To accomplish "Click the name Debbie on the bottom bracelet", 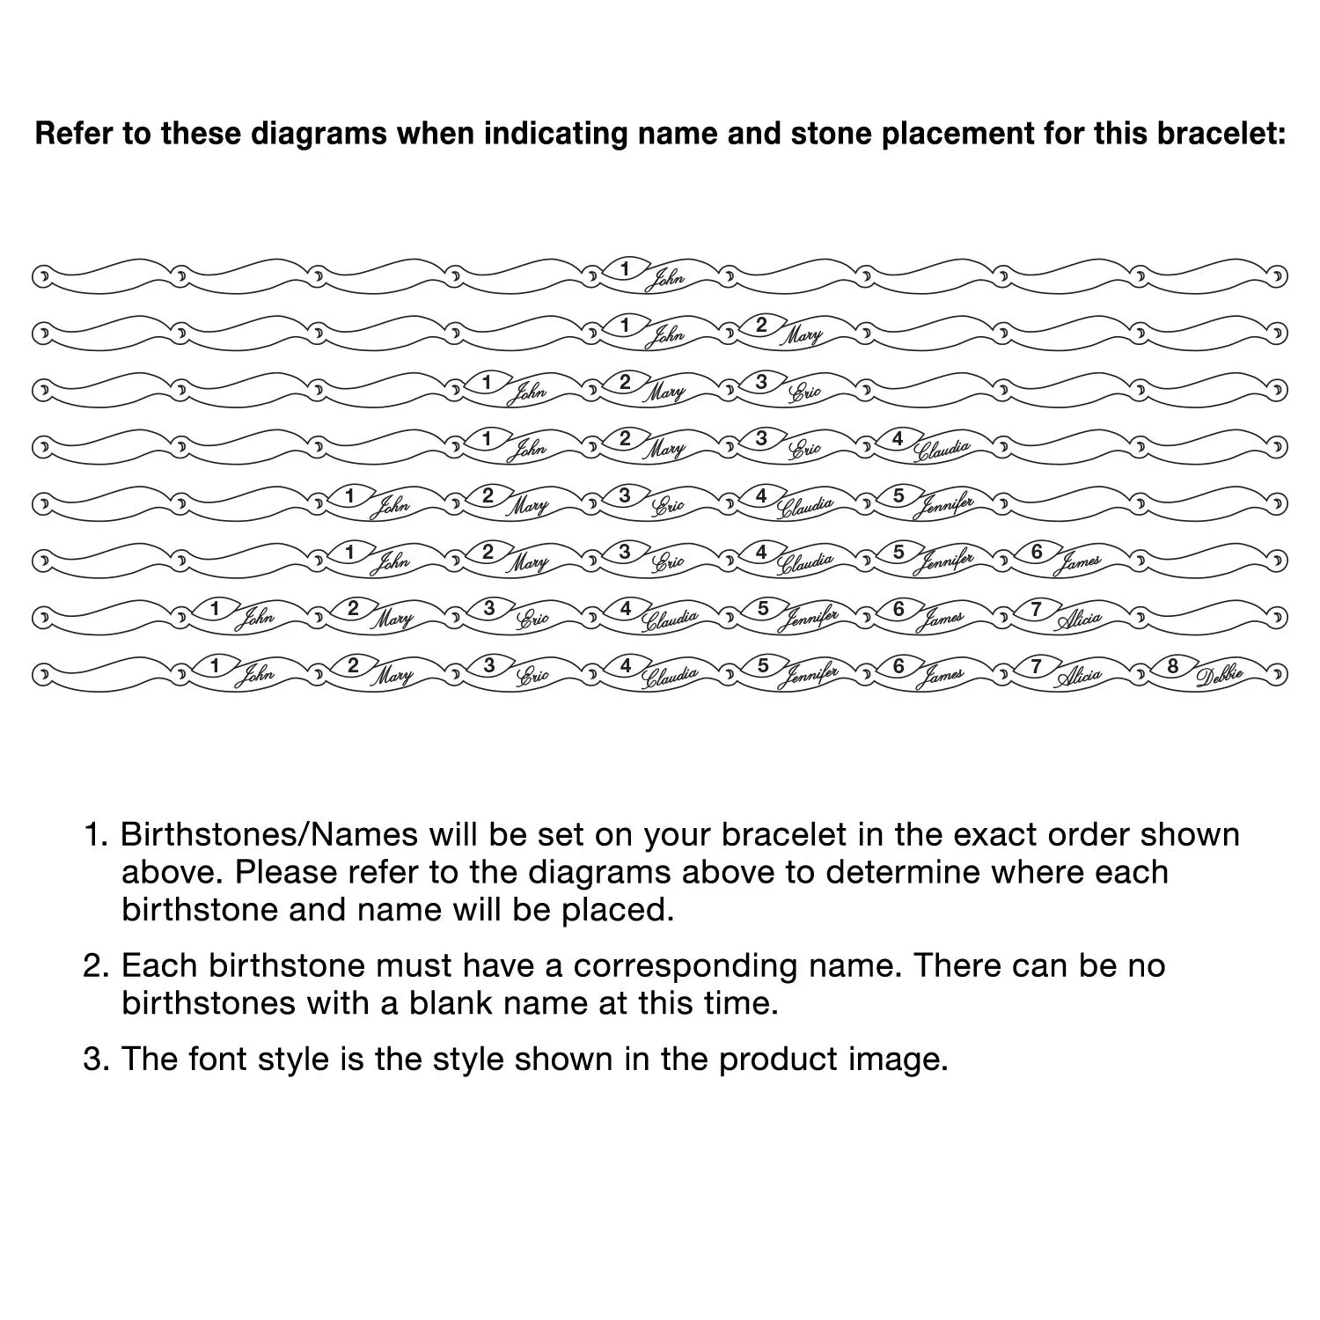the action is click(1220, 675).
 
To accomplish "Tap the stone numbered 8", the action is click(1173, 666).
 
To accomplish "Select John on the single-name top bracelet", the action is click(664, 280).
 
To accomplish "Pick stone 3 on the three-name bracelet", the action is click(761, 382).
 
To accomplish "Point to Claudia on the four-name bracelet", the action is click(941, 450).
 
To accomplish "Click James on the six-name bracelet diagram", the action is click(1077, 562).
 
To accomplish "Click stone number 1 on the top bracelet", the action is click(625, 268).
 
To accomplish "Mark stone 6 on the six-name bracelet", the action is click(1037, 552).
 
